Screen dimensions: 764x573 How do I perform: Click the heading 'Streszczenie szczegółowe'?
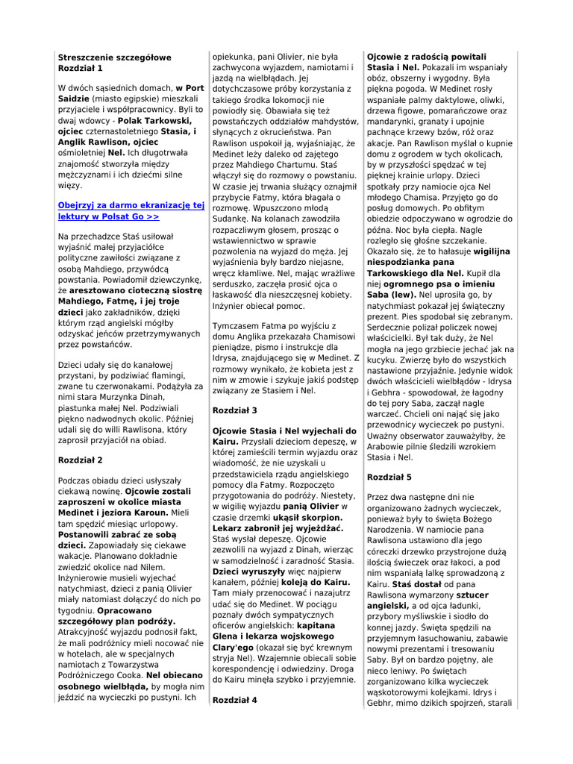(x=114, y=57)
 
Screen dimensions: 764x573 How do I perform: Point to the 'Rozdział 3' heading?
(x=235, y=410)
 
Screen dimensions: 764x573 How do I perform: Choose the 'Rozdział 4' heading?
(x=235, y=700)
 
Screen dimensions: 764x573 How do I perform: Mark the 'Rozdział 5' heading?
(x=389, y=476)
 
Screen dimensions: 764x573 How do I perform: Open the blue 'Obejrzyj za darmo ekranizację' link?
(x=131, y=205)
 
